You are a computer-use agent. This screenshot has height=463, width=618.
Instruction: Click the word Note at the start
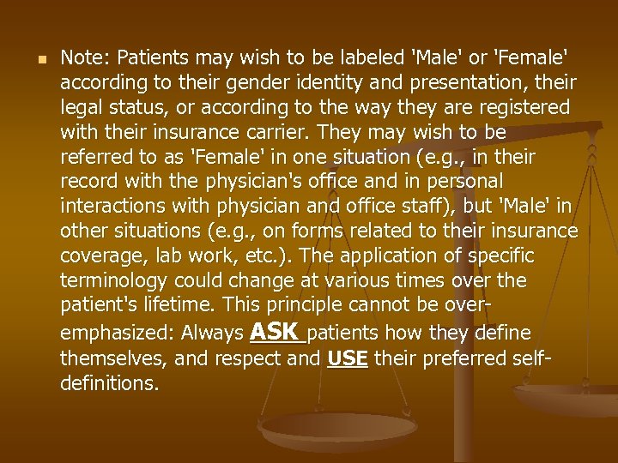82,58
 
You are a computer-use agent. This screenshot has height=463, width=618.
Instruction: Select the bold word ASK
274,331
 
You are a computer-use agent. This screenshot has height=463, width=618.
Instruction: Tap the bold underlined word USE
348,358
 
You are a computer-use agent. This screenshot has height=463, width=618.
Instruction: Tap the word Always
214,334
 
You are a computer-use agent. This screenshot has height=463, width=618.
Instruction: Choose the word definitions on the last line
108,383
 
